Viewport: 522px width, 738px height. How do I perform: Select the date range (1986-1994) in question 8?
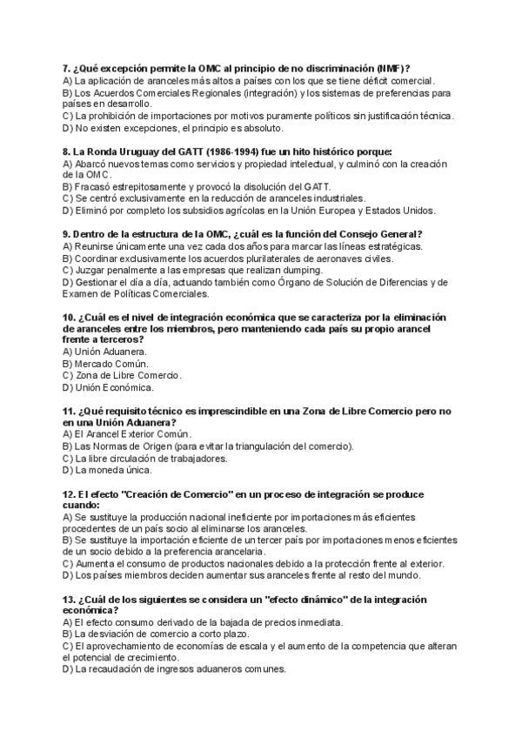pos(204,151)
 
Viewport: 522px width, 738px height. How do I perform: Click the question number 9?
pos(67,234)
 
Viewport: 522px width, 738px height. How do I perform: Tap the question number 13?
pos(70,600)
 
